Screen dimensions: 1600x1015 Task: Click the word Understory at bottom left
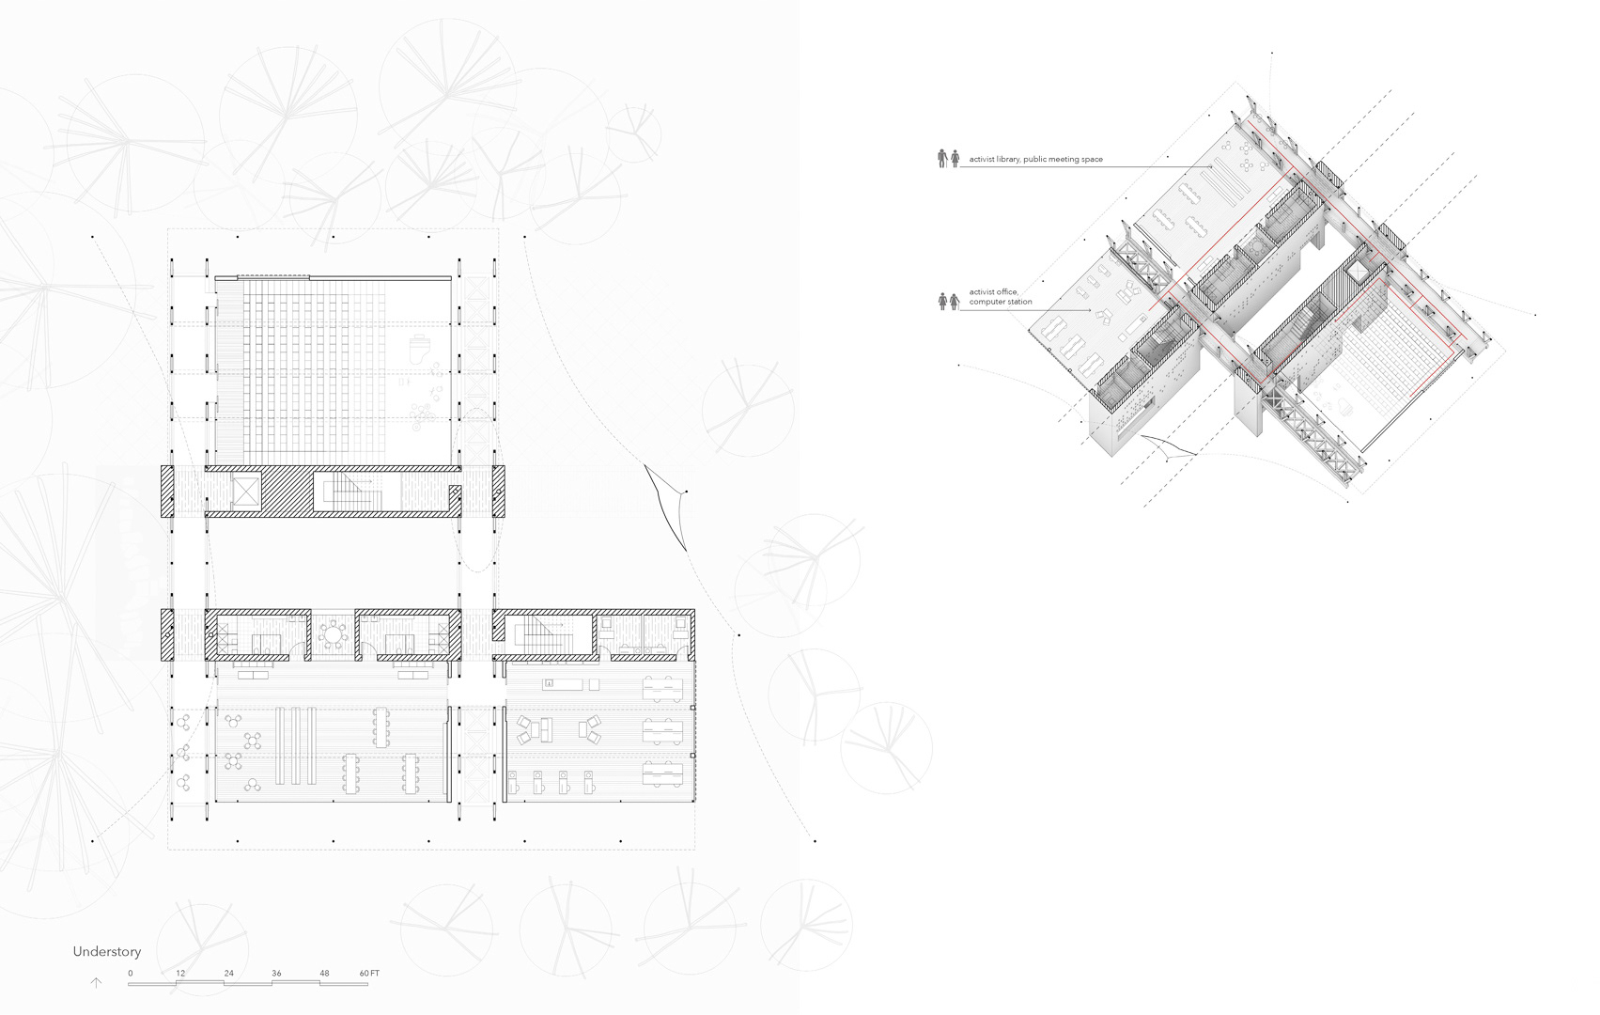pyautogui.click(x=106, y=952)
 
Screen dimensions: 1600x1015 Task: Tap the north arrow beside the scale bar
pyautogui.click(x=95, y=983)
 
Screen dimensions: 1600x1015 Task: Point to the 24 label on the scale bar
pyautogui.click(x=228, y=973)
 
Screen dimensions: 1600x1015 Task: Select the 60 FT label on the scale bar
pyautogui.click(x=369, y=973)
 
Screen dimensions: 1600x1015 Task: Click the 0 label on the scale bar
pyautogui.click(x=131, y=973)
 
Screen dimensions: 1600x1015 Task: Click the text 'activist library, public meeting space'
pyautogui.click(x=1035, y=160)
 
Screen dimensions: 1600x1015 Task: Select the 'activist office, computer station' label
pyautogui.click(x=1001, y=297)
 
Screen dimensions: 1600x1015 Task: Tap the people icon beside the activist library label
pyautogui.click(x=948, y=159)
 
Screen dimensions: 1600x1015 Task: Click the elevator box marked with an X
pyautogui.click(x=244, y=491)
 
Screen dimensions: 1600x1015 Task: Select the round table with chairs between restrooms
pyautogui.click(x=333, y=636)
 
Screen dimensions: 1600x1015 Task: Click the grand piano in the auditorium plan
pyautogui.click(x=420, y=348)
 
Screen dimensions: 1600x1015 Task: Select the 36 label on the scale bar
pyautogui.click(x=276, y=973)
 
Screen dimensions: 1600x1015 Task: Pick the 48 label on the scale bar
pyautogui.click(x=324, y=973)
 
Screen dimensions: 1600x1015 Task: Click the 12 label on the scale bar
pyautogui.click(x=179, y=973)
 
